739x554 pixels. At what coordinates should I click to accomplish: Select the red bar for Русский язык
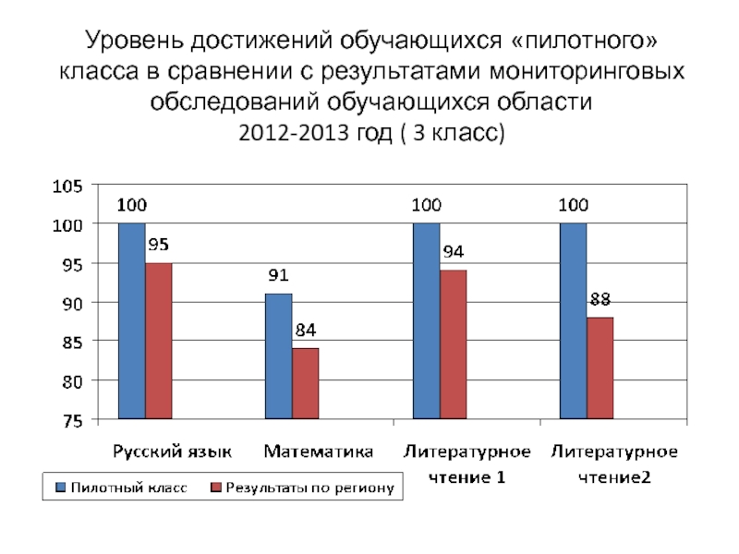pyautogui.click(x=158, y=341)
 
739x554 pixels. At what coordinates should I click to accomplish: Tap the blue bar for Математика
pyautogui.click(x=278, y=356)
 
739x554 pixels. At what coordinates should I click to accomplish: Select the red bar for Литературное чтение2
pyautogui.click(x=600, y=368)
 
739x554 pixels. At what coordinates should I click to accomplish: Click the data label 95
pyautogui.click(x=158, y=245)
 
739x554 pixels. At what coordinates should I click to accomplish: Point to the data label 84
pyautogui.click(x=305, y=330)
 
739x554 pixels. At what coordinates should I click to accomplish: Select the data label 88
pyautogui.click(x=600, y=298)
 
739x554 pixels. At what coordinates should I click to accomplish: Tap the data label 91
pyautogui.click(x=278, y=275)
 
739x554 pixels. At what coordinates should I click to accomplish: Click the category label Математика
pyautogui.click(x=319, y=452)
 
